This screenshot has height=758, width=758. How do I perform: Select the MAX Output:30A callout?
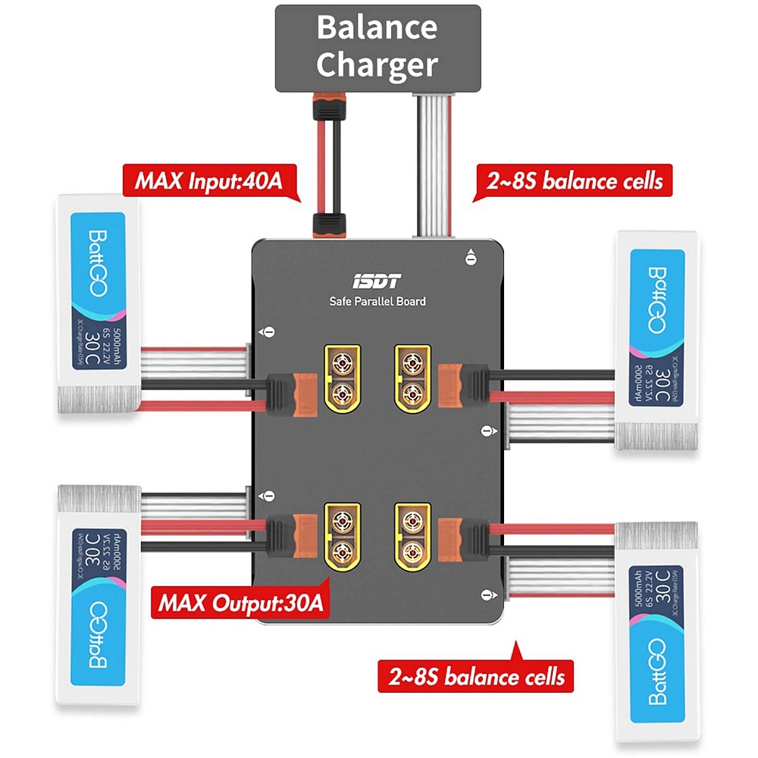pos(240,603)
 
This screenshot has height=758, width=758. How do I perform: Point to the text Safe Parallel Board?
pos(377,302)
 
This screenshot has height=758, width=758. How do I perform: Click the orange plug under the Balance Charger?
pos(327,108)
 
